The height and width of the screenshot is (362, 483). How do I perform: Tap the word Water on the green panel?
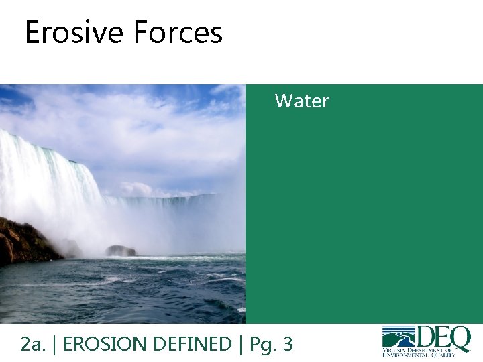coord(302,101)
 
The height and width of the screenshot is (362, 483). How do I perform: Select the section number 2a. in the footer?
coord(32,345)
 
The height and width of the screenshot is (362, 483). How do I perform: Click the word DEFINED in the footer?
coord(193,345)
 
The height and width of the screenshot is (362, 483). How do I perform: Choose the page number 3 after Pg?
coord(288,345)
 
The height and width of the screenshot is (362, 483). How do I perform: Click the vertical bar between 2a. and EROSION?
coord(54,345)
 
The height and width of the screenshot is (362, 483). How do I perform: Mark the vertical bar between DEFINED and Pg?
coord(241,345)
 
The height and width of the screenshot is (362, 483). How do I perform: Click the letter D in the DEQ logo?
coord(427,337)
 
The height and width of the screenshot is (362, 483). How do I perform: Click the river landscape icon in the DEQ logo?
coord(398,336)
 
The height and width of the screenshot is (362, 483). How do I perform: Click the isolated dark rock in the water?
coord(120,251)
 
